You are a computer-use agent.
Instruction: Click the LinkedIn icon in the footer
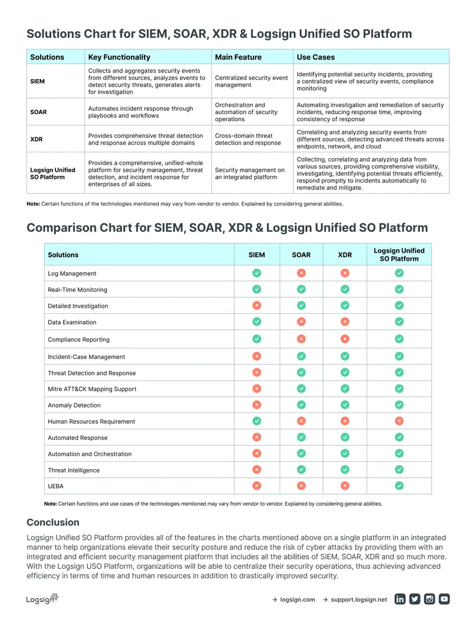[400, 599]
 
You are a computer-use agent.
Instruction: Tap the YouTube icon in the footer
[444, 599]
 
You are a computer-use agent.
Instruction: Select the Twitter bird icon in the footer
[415, 599]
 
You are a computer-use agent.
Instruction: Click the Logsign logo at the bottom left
[42, 599]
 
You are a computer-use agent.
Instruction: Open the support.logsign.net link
[359, 599]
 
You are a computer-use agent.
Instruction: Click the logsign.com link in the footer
[297, 599]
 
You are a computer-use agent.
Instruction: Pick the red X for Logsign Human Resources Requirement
[399, 421]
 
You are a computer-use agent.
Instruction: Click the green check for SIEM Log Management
[257, 273]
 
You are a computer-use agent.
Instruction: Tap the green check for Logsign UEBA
[399, 486]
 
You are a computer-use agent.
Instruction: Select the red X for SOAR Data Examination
[302, 322]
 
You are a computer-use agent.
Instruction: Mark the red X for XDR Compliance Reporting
[345, 339]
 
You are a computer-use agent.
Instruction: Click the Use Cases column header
[316, 57]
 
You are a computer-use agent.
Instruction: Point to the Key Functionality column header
[119, 57]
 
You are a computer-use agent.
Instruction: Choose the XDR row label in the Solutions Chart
[36, 139]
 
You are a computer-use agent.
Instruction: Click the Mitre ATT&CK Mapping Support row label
[92, 389]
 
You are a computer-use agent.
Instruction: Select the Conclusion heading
[53, 523]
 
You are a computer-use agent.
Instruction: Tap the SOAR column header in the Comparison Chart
[302, 255]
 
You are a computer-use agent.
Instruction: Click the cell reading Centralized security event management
[251, 81]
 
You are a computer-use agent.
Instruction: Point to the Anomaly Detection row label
[74, 405]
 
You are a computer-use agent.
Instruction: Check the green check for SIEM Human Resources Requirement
[257, 421]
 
